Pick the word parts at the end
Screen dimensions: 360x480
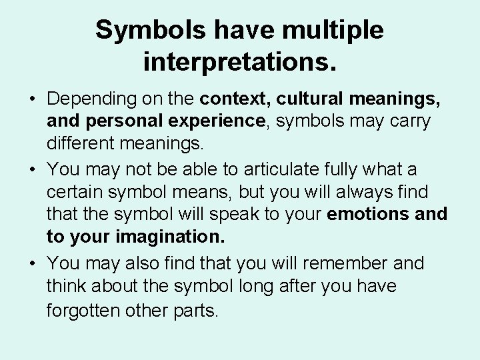[197, 310]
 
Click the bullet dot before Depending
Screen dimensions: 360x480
[31, 100]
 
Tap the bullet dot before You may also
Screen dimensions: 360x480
[31, 263]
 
